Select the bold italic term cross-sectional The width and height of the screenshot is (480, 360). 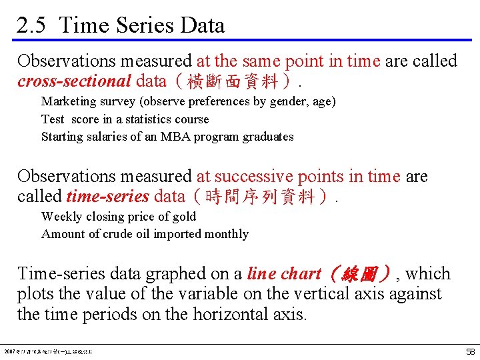pos(74,81)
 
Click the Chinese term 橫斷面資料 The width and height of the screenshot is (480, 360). pos(227,82)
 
